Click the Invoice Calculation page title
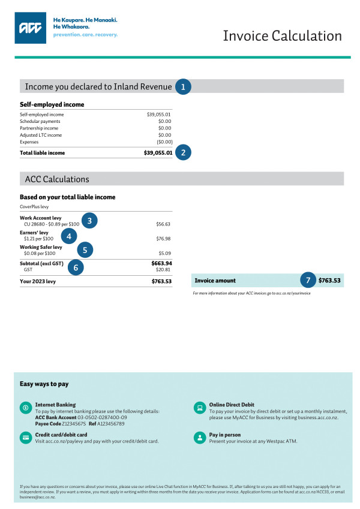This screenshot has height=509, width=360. (282, 36)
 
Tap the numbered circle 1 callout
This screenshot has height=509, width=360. (182, 87)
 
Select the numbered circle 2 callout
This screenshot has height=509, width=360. (183, 152)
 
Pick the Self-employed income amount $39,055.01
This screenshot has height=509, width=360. (159, 114)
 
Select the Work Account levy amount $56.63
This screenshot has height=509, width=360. (163, 224)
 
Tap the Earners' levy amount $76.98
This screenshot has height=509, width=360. (163, 239)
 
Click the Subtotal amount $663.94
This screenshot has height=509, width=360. (161, 263)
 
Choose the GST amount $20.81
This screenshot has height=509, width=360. (163, 270)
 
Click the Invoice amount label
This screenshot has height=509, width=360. (214, 281)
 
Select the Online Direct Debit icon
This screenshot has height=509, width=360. (199, 408)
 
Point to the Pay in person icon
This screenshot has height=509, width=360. (199, 437)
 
